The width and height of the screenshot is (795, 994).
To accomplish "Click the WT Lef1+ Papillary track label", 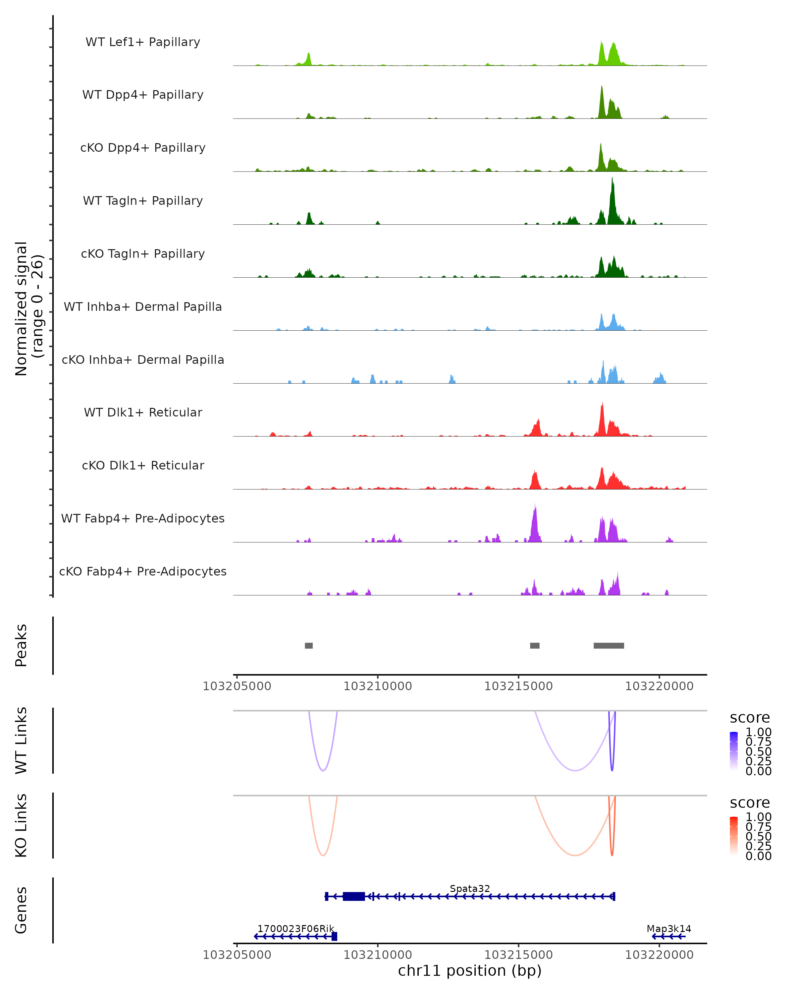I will [143, 42].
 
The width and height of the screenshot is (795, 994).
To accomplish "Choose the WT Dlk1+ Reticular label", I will [143, 412].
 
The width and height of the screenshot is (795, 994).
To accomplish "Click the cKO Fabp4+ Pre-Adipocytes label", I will [143, 571].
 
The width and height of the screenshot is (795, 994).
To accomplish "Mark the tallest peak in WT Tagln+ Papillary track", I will [612, 180].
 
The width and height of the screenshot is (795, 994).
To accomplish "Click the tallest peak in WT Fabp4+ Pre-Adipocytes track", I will [535, 507].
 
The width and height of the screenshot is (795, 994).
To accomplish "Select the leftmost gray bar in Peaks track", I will [309, 645].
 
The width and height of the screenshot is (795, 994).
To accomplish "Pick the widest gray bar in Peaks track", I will [609, 645].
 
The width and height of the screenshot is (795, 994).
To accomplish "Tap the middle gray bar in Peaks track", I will [535, 645].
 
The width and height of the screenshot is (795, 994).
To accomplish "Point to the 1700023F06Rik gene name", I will [295, 928].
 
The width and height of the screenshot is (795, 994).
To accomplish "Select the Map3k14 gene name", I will [669, 928].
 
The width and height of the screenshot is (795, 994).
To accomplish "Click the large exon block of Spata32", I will [354, 896].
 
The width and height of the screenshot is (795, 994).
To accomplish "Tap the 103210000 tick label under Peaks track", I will [377, 686].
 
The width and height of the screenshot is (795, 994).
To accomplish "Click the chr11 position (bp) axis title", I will [470, 970].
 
